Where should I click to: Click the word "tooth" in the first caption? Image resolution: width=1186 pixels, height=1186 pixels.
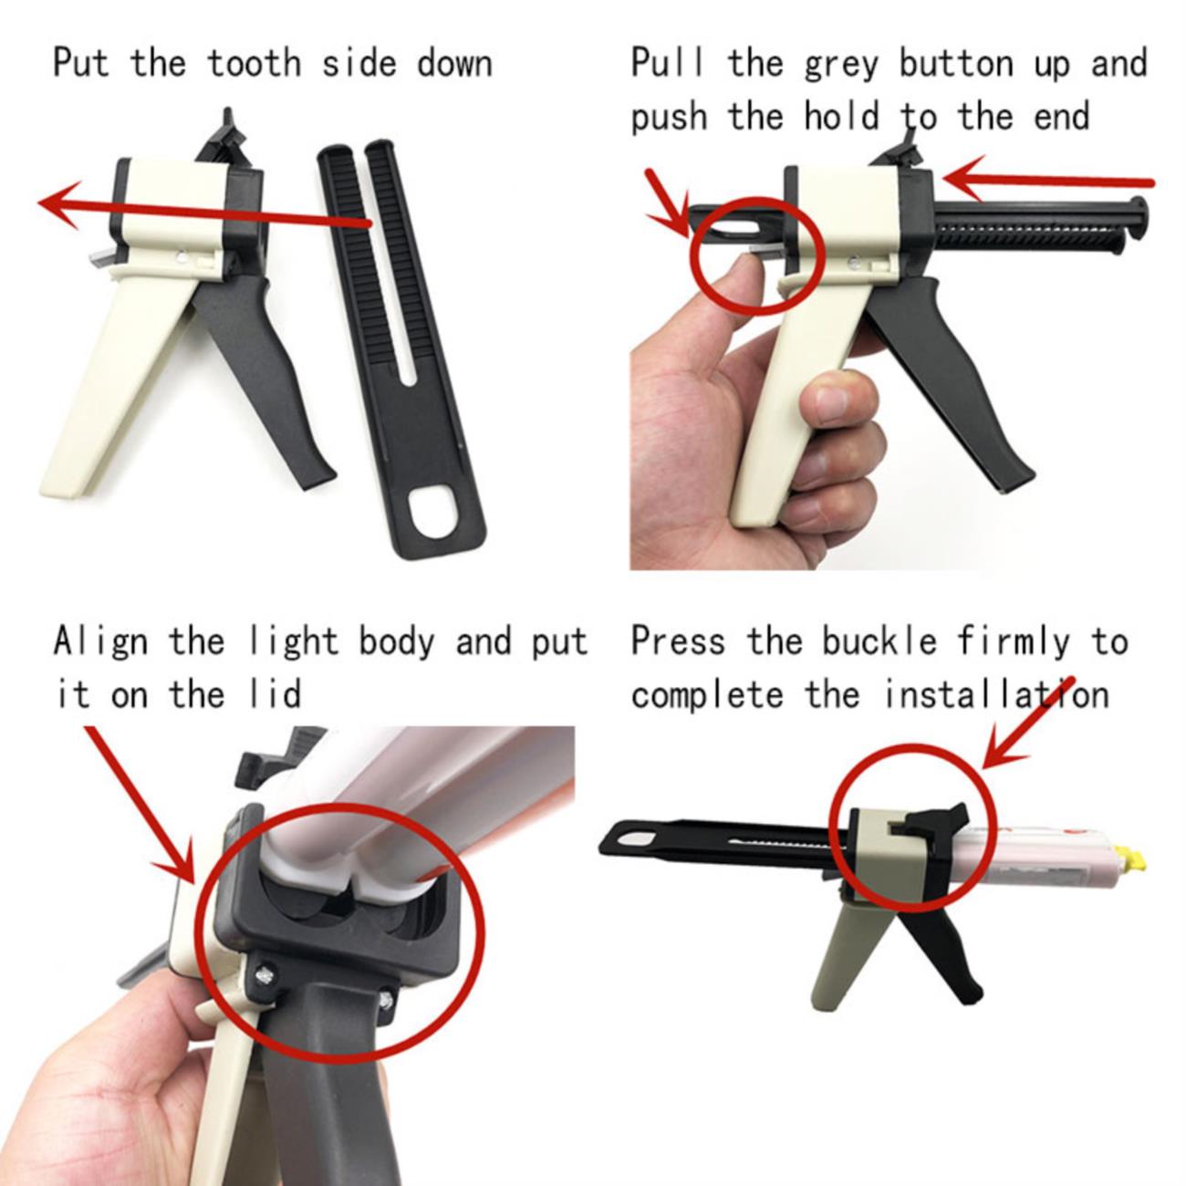point(254,63)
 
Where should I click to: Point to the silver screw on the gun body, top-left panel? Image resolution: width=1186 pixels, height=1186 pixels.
point(182,254)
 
